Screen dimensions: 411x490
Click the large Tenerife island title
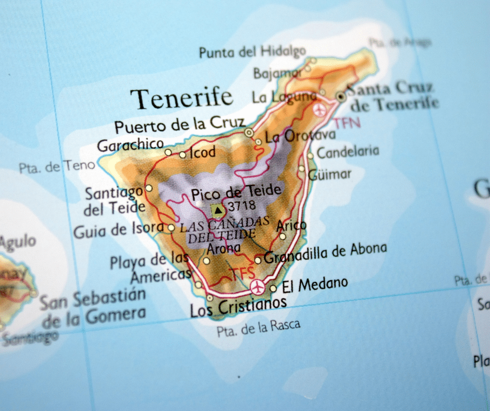(181, 98)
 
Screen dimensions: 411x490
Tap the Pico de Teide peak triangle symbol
(218, 211)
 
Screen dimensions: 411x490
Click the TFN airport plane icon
(320, 110)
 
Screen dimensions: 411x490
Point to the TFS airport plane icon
(256, 287)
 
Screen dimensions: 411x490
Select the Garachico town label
(130, 145)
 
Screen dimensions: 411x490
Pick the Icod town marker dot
(182, 154)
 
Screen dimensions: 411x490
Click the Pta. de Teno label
(57, 167)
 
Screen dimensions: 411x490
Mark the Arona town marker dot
(206, 261)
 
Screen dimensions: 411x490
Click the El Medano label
(315, 284)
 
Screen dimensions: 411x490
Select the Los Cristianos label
(238, 307)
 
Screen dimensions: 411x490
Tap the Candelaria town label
(348, 152)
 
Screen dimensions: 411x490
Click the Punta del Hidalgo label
(252, 52)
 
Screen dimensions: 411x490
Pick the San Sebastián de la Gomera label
(93, 307)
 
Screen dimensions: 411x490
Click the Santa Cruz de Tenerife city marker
(341, 96)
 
